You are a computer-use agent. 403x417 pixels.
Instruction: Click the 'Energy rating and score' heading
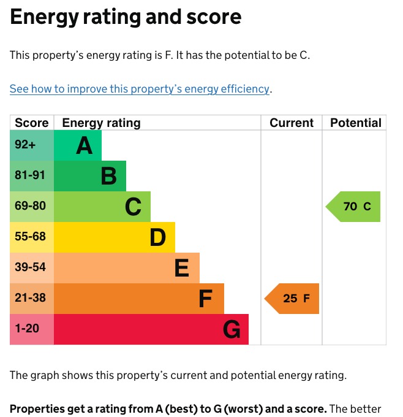pyautogui.click(x=126, y=17)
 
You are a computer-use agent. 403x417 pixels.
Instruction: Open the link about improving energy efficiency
pyautogui.click(x=140, y=89)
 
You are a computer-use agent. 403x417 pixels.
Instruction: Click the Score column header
pyautogui.click(x=32, y=123)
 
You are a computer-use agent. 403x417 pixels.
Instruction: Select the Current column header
pyautogui.click(x=292, y=123)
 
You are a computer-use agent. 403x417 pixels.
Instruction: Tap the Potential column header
pyautogui.click(x=355, y=123)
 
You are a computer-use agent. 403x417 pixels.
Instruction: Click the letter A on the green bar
pyautogui.click(x=84, y=146)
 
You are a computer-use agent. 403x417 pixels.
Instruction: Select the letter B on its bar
pyautogui.click(x=108, y=177)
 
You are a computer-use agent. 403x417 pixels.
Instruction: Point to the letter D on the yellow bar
pyautogui.click(x=157, y=238)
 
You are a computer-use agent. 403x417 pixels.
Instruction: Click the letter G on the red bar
pyautogui.click(x=231, y=330)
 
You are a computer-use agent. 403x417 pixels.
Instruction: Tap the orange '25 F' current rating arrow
pyautogui.click(x=293, y=299)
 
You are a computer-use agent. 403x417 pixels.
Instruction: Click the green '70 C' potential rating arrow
pyautogui.click(x=354, y=207)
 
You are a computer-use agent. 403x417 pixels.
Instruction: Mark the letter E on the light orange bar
pyautogui.click(x=182, y=269)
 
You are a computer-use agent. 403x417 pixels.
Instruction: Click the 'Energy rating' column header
pyautogui.click(x=101, y=123)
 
